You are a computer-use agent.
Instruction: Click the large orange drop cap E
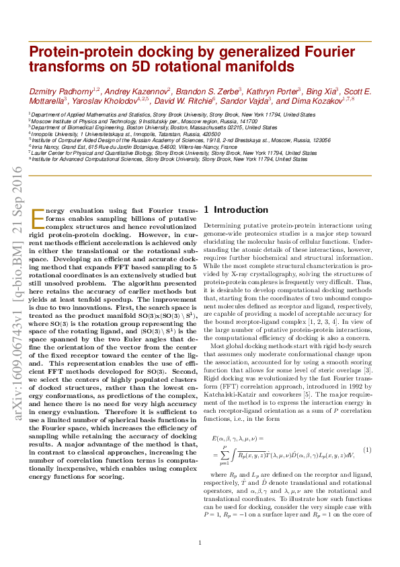click(x=38, y=218)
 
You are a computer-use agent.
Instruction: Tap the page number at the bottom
click(x=200, y=543)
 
